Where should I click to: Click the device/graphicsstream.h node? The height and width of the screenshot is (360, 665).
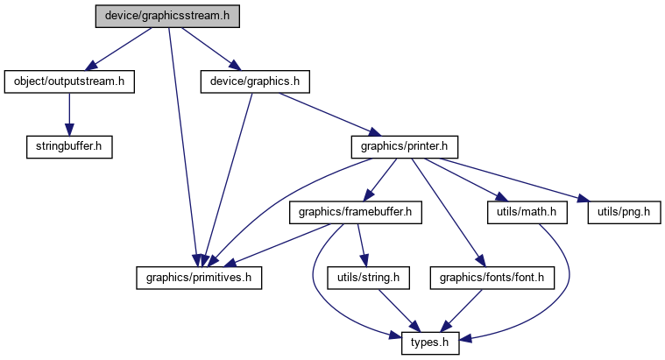(x=167, y=17)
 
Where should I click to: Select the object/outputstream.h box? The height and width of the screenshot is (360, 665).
(x=69, y=81)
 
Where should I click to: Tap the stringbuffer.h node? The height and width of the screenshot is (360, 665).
(x=69, y=147)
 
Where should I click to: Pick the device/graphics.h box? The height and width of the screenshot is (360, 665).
(x=255, y=81)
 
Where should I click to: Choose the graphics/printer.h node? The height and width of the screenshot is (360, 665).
(x=405, y=147)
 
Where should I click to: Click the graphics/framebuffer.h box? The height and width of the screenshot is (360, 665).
(x=356, y=213)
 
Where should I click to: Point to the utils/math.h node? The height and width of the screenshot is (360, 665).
(x=527, y=213)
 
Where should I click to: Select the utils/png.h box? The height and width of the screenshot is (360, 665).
(x=624, y=213)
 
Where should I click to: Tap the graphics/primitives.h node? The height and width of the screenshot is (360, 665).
(x=199, y=279)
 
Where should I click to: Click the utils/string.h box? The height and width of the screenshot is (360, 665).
(x=368, y=279)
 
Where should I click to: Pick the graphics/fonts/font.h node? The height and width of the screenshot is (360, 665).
(x=492, y=279)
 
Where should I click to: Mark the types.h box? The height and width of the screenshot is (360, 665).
(x=430, y=343)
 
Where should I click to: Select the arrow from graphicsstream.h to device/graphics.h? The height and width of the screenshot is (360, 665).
(x=211, y=49)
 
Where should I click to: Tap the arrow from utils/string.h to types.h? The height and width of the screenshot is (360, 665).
(x=399, y=310)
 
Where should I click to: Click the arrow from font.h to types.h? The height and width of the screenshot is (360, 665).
(x=462, y=310)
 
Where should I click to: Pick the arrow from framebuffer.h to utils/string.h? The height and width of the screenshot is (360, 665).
(x=362, y=245)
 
